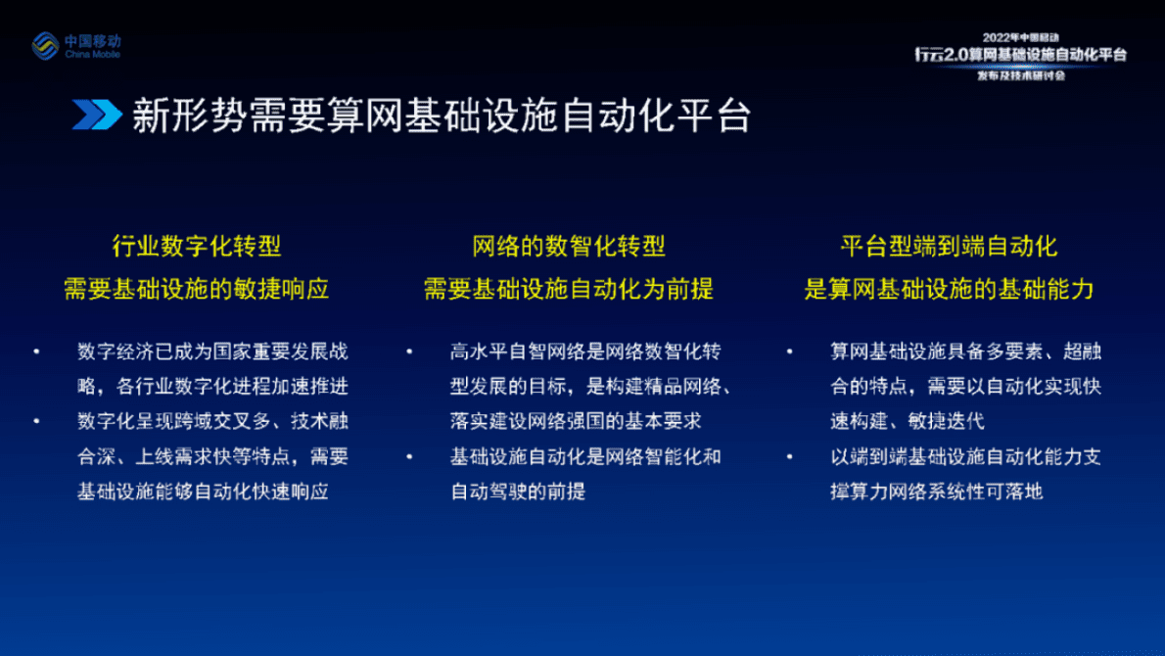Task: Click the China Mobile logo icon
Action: click(46, 45)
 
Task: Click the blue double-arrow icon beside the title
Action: click(96, 116)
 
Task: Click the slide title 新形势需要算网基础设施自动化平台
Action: click(442, 116)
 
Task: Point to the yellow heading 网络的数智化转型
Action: click(568, 246)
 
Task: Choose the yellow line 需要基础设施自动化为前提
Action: click(568, 289)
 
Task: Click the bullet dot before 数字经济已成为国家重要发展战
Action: click(36, 351)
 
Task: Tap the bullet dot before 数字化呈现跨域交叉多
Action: click(36, 421)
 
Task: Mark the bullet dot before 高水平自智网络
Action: click(408, 351)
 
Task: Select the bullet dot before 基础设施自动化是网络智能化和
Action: click(408, 456)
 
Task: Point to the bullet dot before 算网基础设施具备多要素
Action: click(788, 351)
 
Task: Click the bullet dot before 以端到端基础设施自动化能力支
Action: click(788, 456)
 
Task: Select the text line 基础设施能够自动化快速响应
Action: click(203, 492)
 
